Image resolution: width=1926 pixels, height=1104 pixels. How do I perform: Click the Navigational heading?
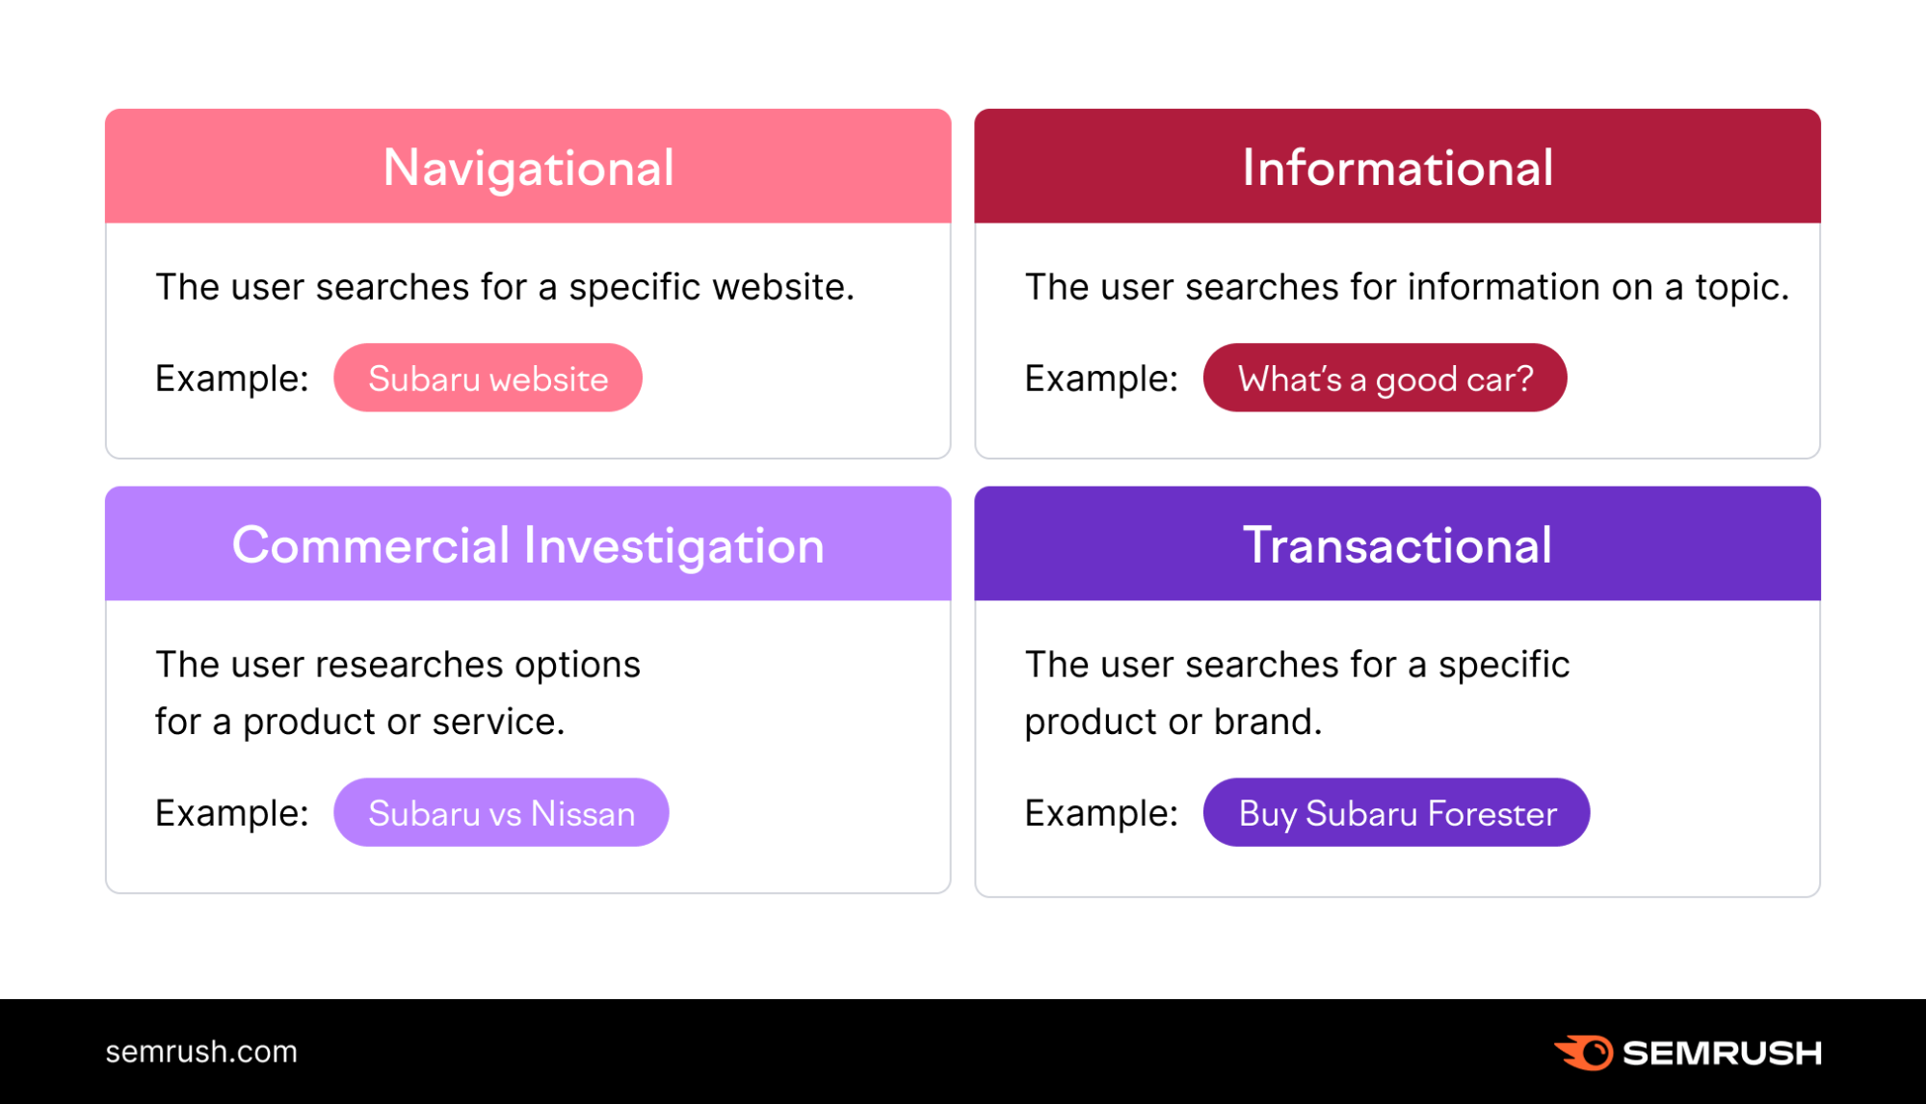[x=528, y=168]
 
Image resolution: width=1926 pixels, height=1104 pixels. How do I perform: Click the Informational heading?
[x=1397, y=168]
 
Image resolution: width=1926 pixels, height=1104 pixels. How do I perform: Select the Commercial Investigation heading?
[x=528, y=545]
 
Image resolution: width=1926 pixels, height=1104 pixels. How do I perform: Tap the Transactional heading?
[x=1397, y=545]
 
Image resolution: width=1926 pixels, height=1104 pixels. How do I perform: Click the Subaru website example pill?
[x=488, y=379]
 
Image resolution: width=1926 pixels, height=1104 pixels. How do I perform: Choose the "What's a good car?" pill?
[x=1385, y=379]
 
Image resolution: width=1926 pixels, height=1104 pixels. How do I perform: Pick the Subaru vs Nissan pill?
[x=501, y=813]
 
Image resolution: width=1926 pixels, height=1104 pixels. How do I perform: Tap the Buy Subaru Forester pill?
[x=1396, y=813]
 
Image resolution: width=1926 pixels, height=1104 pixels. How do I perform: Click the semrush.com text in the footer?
[x=201, y=1051]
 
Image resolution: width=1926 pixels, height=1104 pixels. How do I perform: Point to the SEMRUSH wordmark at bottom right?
[x=1722, y=1053]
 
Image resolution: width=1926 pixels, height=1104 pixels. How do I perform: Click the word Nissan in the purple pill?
[x=583, y=813]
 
